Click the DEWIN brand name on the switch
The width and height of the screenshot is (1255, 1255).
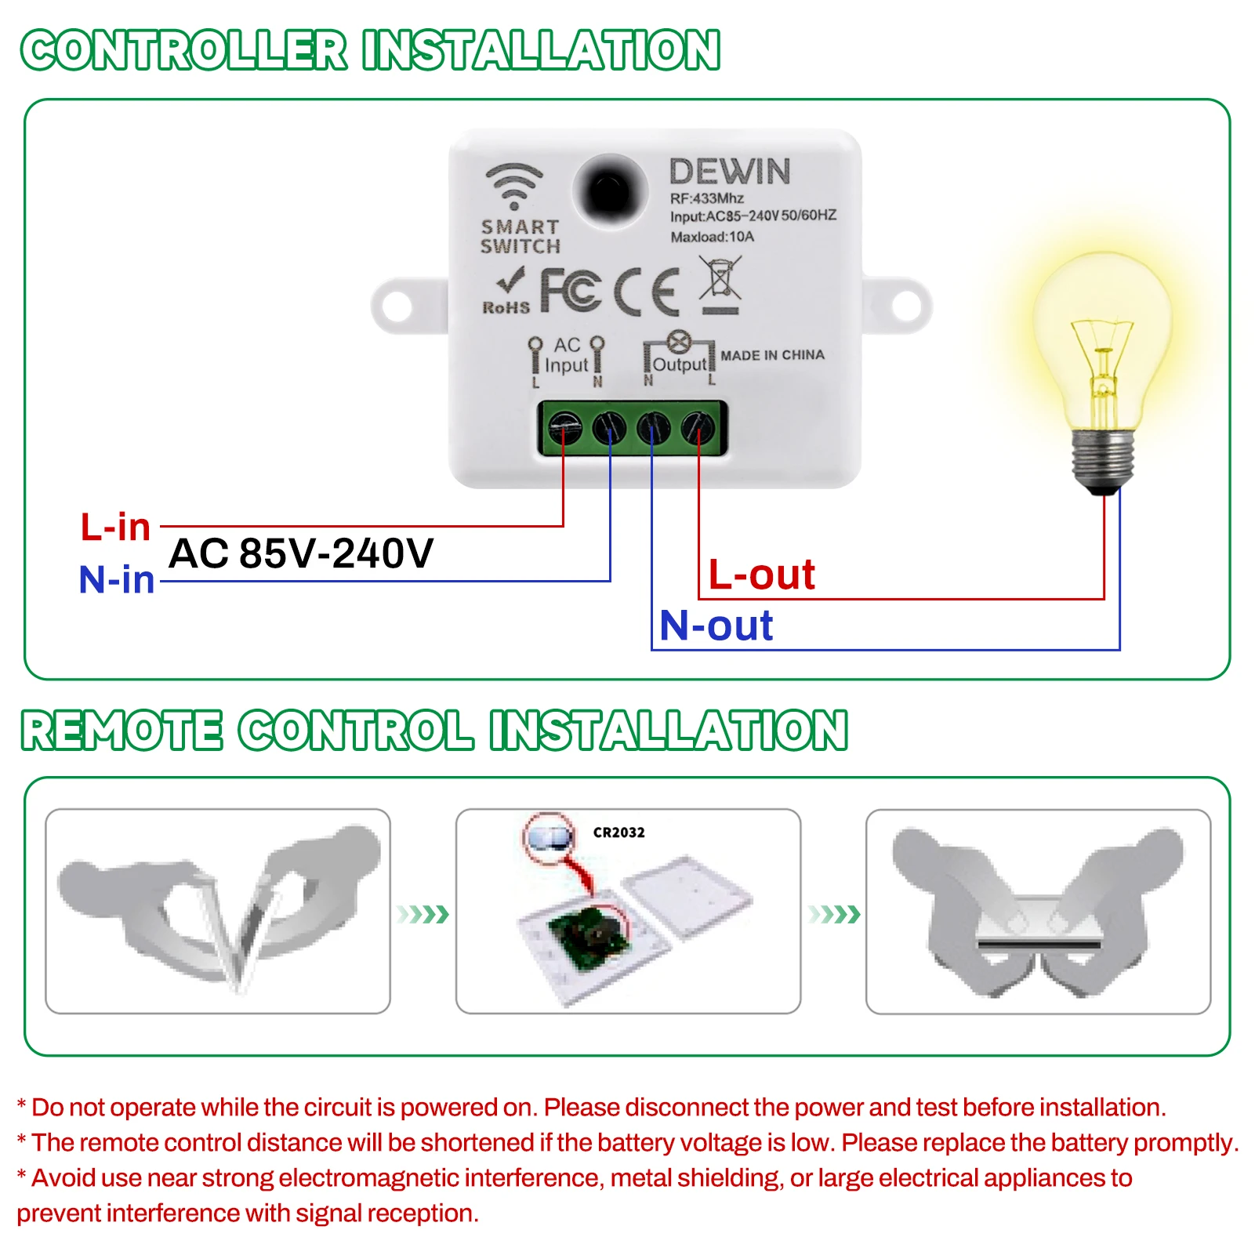(x=729, y=172)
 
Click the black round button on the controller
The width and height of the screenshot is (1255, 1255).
(x=610, y=191)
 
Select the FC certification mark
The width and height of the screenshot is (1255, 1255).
(x=571, y=290)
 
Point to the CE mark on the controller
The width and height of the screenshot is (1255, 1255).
(x=646, y=292)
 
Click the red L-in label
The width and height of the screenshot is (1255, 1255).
(x=115, y=527)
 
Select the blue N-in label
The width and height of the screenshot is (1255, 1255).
(x=117, y=580)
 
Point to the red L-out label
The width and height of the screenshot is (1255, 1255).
(x=761, y=575)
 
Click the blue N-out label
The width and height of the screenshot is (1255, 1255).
(x=716, y=626)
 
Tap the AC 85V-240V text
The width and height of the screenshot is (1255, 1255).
(x=301, y=553)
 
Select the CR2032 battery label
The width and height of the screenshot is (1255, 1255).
(x=618, y=832)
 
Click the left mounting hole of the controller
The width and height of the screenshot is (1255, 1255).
(x=397, y=306)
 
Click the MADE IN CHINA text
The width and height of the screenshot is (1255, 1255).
(x=772, y=355)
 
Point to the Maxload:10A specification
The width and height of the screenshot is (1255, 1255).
(x=712, y=237)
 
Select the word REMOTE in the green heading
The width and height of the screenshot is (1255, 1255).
(x=122, y=731)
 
